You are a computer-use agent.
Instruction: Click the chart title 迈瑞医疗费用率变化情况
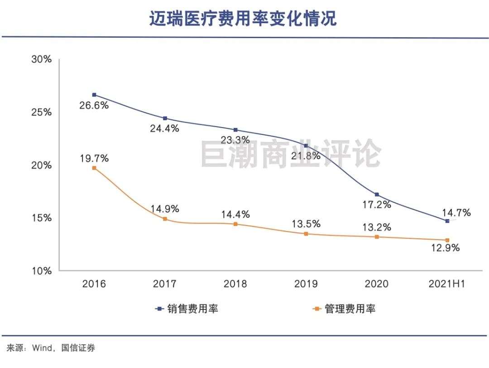point(244,19)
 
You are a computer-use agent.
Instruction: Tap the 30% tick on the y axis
point(41,60)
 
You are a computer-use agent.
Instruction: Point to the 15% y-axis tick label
point(41,218)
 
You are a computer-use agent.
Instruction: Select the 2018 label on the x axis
point(235,284)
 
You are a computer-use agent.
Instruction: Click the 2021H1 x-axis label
point(447,284)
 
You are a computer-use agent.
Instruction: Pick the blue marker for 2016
point(94,95)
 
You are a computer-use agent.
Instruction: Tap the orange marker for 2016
point(94,168)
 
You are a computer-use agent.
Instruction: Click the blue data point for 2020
point(377,195)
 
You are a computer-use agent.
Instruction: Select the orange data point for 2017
point(165,219)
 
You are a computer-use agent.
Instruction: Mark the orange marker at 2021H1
point(447,240)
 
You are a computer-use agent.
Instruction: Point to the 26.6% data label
point(94,106)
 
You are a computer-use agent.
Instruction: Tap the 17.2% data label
point(377,205)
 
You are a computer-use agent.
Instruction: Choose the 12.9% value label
point(446,248)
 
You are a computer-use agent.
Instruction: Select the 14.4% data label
point(235,214)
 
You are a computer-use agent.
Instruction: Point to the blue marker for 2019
point(306,146)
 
